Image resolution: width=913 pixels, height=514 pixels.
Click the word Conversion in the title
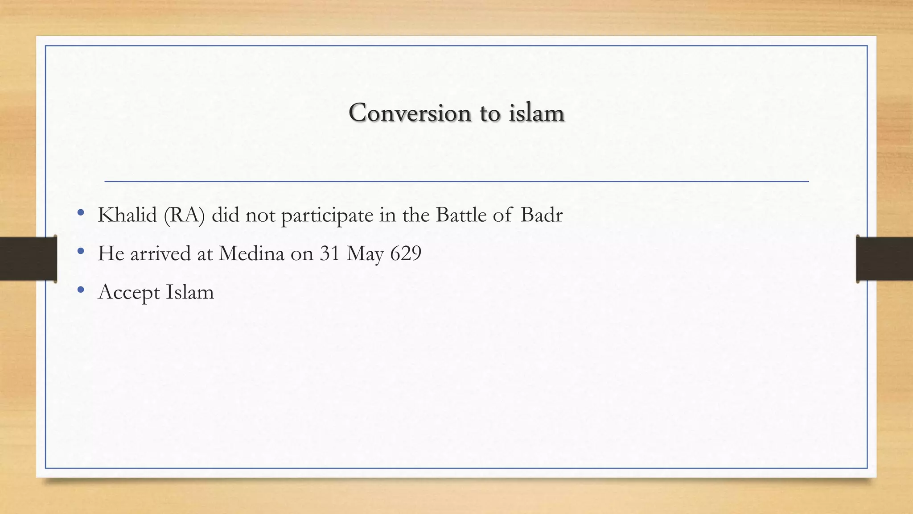[410, 112]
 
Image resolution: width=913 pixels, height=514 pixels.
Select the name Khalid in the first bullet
[127, 216]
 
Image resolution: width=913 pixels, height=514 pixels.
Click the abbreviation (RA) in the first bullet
[184, 216]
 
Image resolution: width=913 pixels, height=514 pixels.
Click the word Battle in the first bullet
[461, 216]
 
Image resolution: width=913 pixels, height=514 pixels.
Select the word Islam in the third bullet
[190, 292]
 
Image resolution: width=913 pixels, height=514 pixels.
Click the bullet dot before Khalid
[81, 213]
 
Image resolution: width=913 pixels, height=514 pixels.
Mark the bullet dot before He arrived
[81, 252]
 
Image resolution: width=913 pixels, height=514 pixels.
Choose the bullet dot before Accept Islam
[81, 290]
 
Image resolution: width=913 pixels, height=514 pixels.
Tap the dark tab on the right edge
[884, 259]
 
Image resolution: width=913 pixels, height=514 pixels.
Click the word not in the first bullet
[260, 216]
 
